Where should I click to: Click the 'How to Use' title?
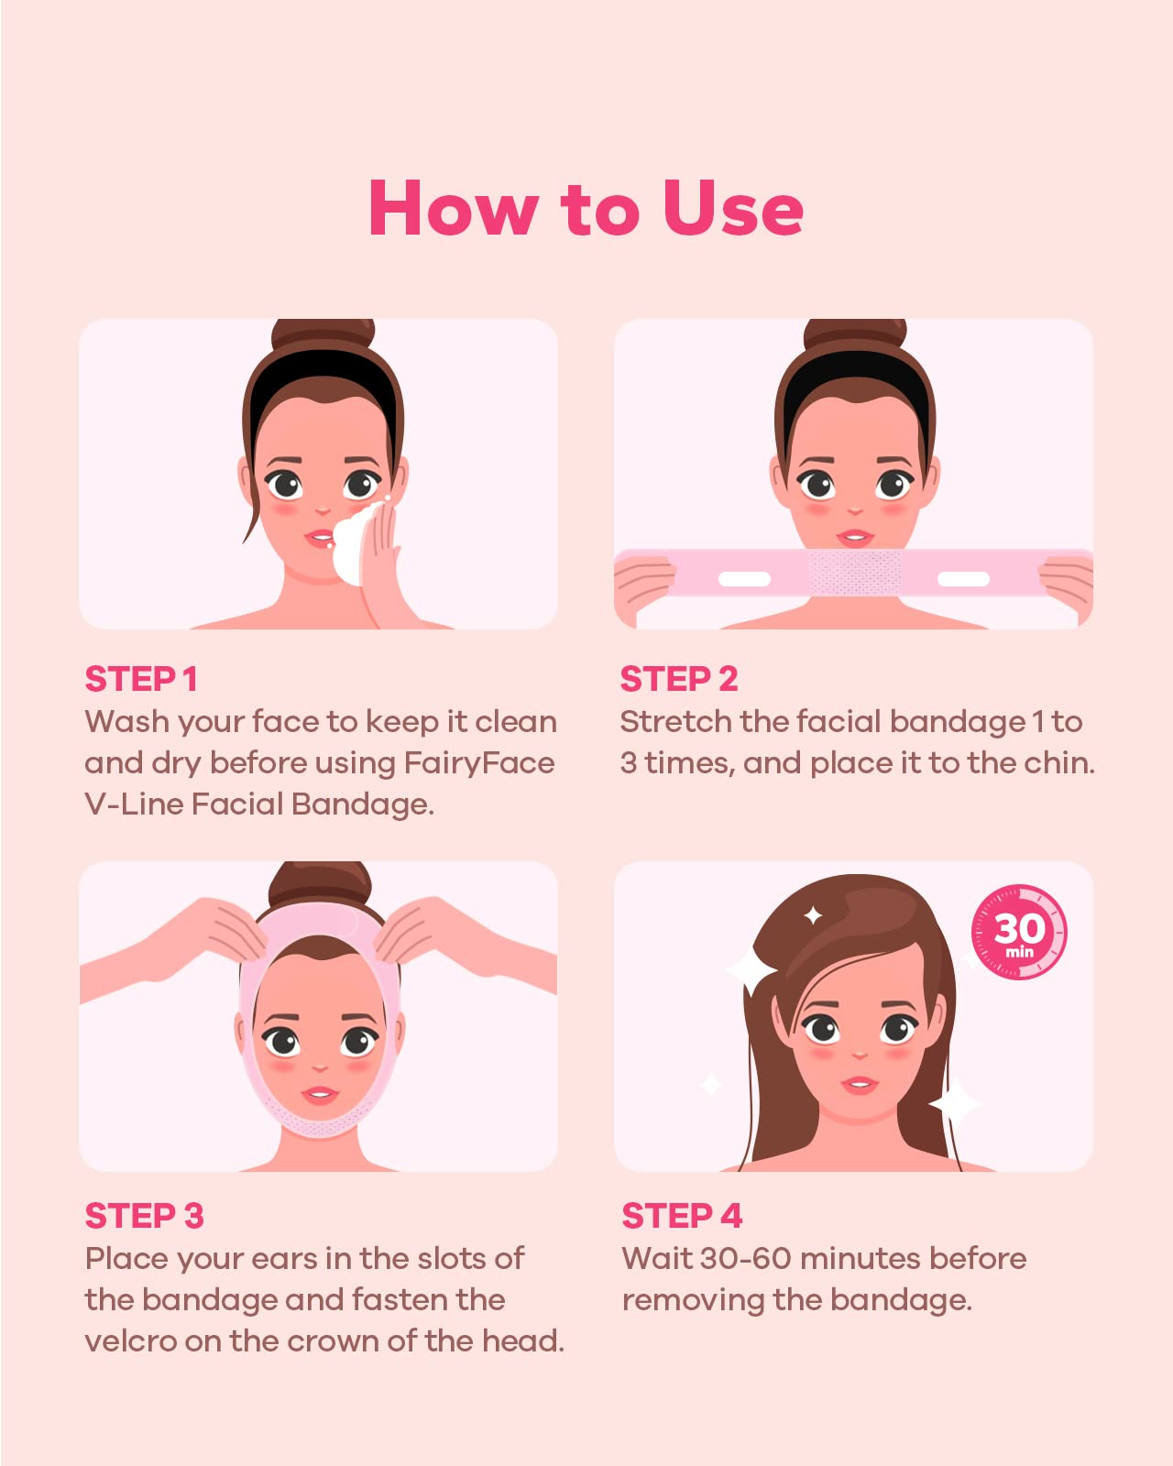(x=586, y=208)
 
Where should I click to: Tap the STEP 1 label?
(x=141, y=680)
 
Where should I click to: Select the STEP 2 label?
(x=678, y=680)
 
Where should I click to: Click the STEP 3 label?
(x=144, y=1216)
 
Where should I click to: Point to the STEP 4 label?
(x=682, y=1216)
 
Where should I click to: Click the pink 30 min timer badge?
(x=1019, y=932)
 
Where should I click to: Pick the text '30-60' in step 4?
(x=745, y=1259)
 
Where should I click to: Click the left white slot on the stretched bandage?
(x=743, y=579)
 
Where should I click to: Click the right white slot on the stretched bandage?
(x=963, y=579)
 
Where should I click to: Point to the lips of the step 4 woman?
(x=860, y=1085)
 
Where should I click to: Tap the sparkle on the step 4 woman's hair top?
(x=812, y=915)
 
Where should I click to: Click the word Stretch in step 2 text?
(x=676, y=722)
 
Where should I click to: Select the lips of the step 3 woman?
(x=320, y=1095)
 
